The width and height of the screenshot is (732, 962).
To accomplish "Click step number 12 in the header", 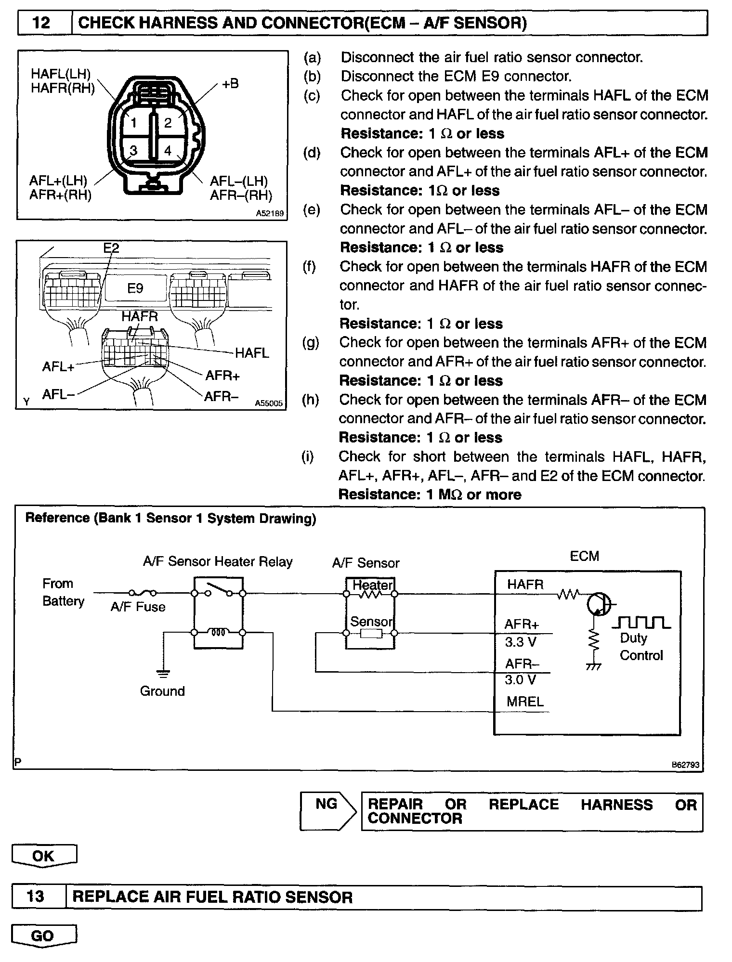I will pos(41,23).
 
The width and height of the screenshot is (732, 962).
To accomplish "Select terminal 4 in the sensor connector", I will pos(168,151).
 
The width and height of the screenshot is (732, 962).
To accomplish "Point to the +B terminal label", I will pos(230,84).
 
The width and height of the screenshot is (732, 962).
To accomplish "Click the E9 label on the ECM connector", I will pos(135,288).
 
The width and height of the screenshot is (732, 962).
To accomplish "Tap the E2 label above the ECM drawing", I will pos(111,248).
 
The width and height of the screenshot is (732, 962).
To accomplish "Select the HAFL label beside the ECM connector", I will pos(252,353).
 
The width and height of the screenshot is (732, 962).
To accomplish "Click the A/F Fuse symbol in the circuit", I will pos(142,593).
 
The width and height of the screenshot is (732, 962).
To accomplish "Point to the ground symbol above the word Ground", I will pos(164,672).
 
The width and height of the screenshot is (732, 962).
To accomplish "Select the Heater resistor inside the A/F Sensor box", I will pos(370,595).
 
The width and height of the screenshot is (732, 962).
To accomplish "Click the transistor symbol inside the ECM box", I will pos(598,604).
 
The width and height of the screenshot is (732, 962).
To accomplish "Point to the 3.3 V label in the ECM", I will pos(521,642).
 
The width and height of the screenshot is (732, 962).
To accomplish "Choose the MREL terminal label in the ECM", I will pos(525,702).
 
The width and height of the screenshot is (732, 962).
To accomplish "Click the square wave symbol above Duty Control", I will pos(641,622).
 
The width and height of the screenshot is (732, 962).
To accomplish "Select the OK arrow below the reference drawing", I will pos(44,856).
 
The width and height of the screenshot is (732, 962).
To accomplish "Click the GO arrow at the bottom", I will pos(43,936).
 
